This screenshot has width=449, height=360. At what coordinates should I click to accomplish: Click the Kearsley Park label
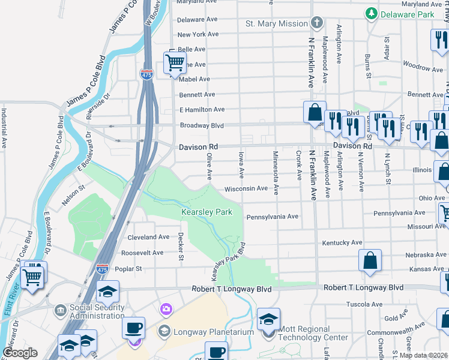(206, 212)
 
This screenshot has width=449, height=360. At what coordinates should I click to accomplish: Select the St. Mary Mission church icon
(318, 23)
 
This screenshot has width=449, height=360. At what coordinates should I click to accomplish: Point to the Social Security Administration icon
(60, 310)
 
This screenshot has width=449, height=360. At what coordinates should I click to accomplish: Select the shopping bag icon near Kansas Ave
(370, 260)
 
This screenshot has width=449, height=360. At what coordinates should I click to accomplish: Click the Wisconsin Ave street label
(246, 188)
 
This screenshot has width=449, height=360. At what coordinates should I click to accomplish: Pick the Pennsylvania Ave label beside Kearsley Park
(272, 216)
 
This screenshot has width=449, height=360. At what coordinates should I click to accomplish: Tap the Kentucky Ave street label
(342, 242)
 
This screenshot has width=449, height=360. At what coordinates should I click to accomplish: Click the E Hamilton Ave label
(202, 109)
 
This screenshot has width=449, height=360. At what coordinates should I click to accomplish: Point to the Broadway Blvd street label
(202, 125)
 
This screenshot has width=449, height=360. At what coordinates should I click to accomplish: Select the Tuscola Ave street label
(365, 304)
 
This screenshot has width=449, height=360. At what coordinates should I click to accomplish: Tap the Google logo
(20, 353)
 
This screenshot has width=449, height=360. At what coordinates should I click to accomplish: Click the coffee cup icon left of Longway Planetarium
(133, 328)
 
